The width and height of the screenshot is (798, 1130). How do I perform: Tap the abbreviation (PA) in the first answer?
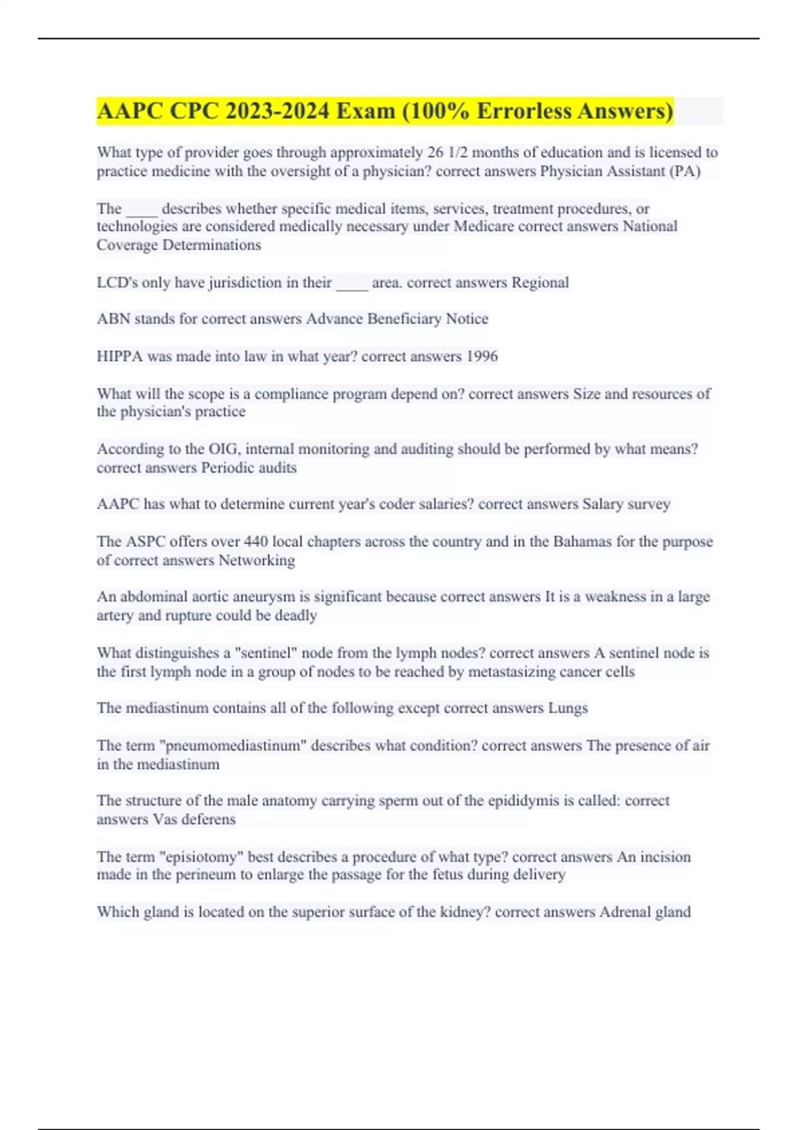[684, 171]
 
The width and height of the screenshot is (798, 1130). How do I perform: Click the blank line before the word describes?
[142, 210]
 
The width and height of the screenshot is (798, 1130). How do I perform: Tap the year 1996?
[481, 356]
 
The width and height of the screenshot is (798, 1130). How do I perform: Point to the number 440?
[256, 542]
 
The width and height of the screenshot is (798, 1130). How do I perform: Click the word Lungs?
[568, 709]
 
